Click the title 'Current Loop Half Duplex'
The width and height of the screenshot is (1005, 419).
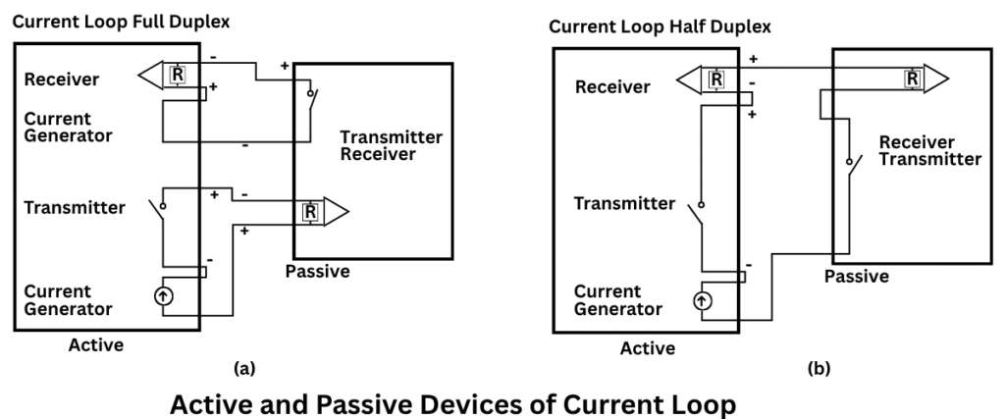(x=659, y=26)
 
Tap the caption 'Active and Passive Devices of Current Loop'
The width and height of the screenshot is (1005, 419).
(x=452, y=402)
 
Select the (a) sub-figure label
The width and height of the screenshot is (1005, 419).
(x=244, y=368)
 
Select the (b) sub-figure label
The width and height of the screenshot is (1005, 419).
(x=818, y=369)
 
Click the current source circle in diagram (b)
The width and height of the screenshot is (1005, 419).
(x=703, y=300)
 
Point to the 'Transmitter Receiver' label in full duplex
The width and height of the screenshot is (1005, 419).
(x=391, y=145)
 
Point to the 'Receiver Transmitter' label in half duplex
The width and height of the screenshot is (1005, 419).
(x=929, y=150)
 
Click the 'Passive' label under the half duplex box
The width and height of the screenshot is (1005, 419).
(x=856, y=277)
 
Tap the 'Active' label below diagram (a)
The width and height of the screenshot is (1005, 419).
(x=95, y=344)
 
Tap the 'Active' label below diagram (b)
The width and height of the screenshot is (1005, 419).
(x=648, y=348)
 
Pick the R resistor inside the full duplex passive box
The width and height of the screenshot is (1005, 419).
(x=310, y=211)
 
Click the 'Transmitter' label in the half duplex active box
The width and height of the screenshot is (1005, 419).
(x=624, y=204)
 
